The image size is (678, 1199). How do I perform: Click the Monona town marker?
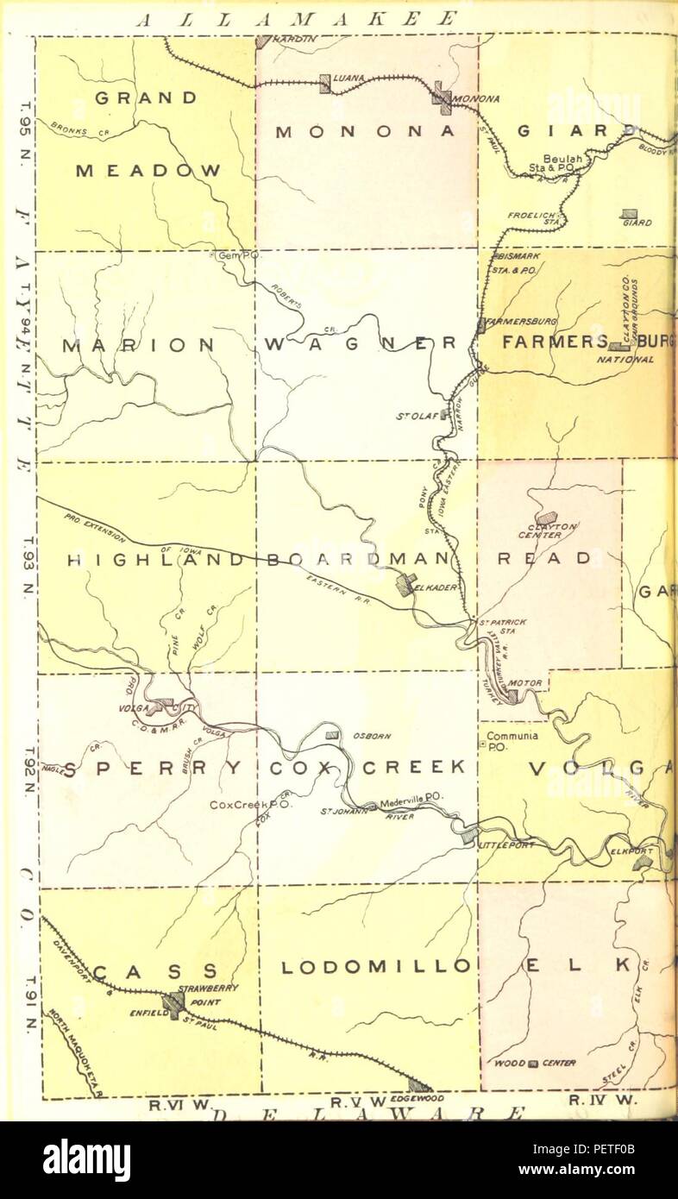[443, 97]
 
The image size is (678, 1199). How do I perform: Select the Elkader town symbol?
[405, 584]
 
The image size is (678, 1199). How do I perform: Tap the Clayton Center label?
[540, 530]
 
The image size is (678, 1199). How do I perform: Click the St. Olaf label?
[416, 416]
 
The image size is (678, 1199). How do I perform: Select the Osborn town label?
[373, 736]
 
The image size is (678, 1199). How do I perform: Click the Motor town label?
[525, 683]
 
